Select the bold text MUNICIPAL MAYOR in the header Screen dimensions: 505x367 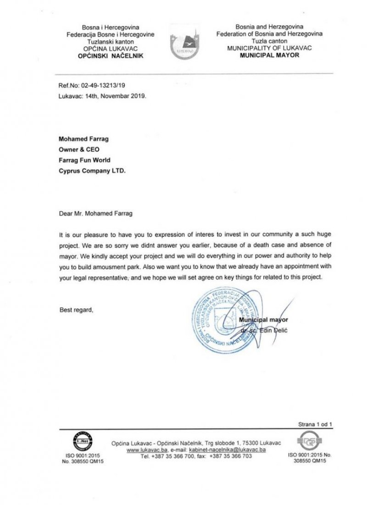click(270, 55)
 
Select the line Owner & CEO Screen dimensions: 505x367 click(79, 149)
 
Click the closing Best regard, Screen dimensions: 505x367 click(77, 310)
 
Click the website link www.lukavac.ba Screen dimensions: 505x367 click(146, 450)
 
